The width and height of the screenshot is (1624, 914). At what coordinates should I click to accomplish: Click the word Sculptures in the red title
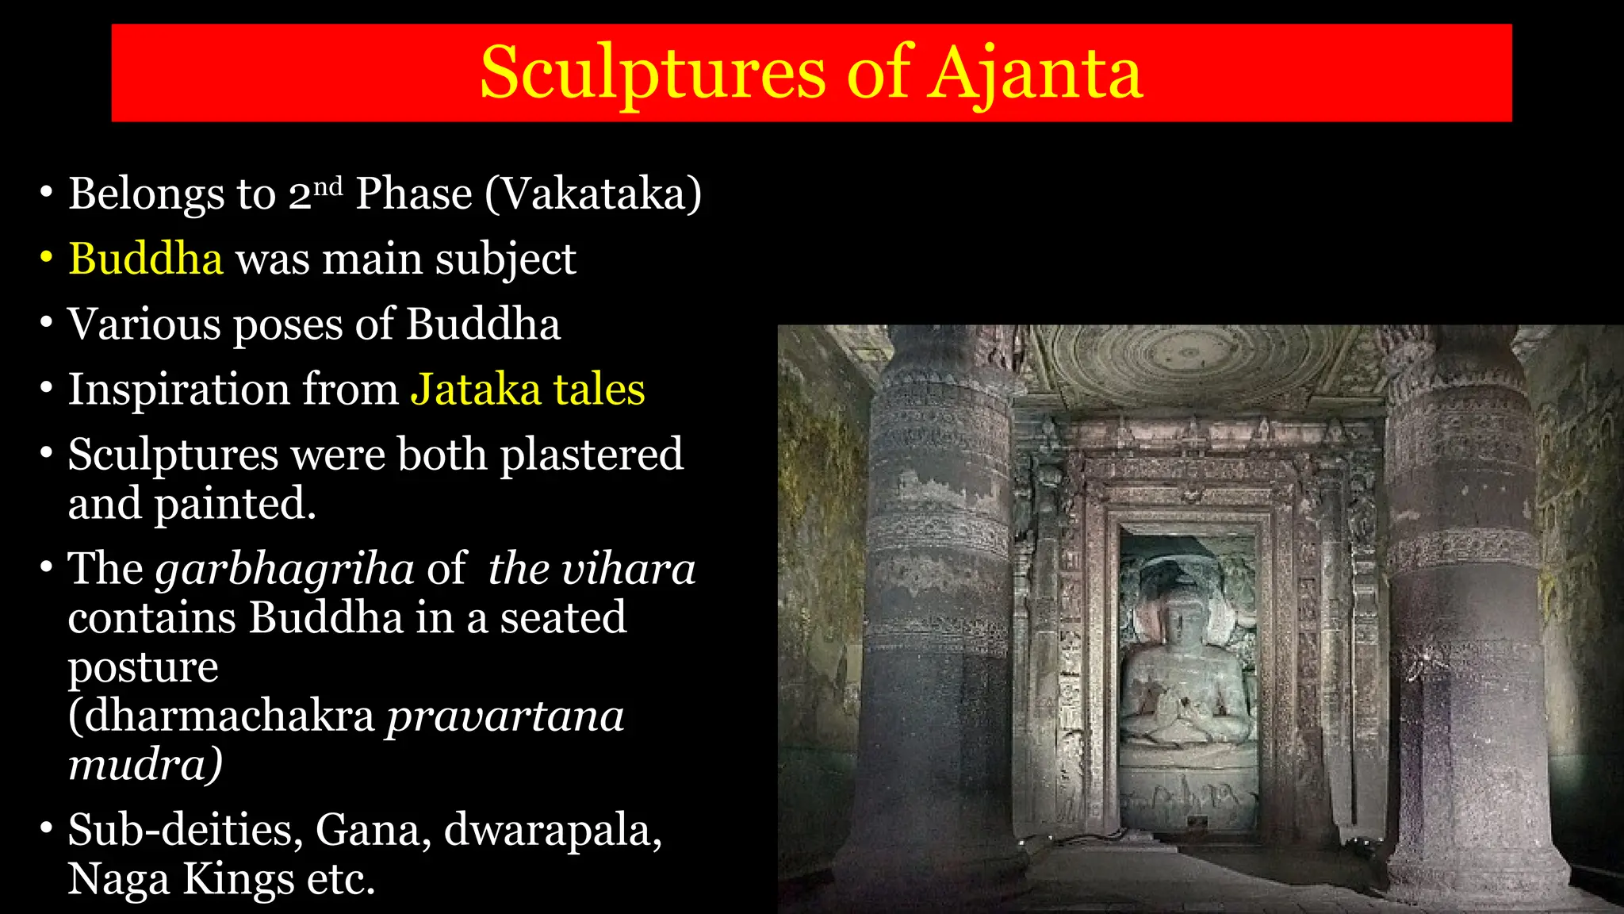pos(653,74)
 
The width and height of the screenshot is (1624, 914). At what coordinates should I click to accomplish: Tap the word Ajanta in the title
pos(1034,74)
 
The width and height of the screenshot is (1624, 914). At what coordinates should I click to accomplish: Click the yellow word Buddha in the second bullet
pos(146,259)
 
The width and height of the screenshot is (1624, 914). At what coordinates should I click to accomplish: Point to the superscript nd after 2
pos(327,186)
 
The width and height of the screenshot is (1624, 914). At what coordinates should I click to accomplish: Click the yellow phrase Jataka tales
pos(527,390)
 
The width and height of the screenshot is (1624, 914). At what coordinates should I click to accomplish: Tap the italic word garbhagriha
pos(284,570)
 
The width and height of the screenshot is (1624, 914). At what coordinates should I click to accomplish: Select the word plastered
pos(591,455)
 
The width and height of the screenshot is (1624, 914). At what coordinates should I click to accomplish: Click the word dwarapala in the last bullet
pos(552,830)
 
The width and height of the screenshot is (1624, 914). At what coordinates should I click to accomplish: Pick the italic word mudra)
pos(144,765)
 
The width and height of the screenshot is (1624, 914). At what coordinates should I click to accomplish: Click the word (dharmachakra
pos(220,716)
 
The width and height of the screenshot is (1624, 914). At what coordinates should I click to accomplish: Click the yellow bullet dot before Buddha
pos(47,258)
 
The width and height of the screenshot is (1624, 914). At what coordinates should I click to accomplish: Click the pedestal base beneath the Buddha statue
pos(1187,785)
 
